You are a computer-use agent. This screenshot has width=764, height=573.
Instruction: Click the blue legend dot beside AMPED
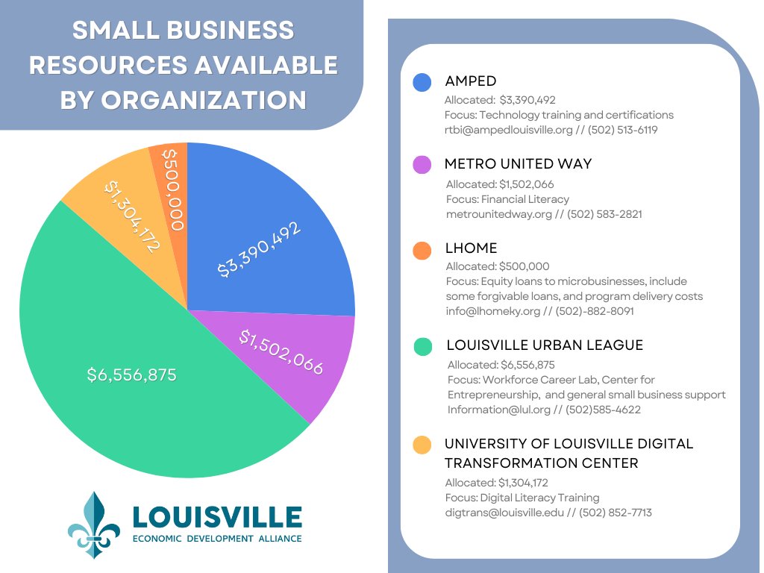pos(422,82)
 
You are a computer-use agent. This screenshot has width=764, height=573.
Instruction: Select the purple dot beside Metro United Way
pos(422,165)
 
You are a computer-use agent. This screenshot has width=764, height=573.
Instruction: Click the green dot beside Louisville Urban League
pos(422,346)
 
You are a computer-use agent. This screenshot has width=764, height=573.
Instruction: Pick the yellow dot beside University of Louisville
pos(422,445)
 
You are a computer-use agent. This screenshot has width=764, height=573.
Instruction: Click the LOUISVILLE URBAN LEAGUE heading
pos(545,345)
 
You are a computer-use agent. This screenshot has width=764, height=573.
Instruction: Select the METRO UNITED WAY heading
pos(518,163)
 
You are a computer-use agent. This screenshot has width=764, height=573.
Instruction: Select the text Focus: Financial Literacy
pos(507,199)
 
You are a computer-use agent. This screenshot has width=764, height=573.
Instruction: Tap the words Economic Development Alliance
pos(216,538)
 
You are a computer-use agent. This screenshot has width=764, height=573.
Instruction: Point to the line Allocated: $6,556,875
pos(501,365)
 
